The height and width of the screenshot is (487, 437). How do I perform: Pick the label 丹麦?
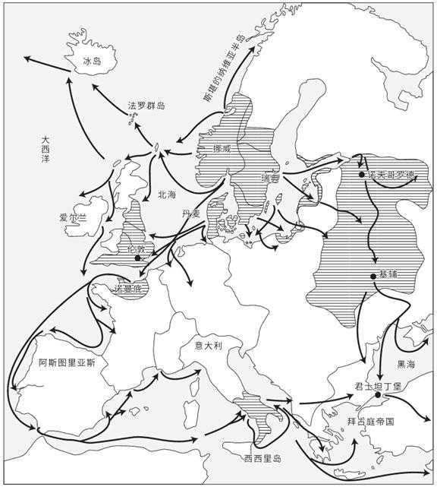click(x=191, y=215)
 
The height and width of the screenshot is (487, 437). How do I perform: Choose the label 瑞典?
click(x=269, y=178)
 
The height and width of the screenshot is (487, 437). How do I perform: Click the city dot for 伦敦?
click(x=137, y=258)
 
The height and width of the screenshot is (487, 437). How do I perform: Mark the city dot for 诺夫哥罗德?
click(x=363, y=175)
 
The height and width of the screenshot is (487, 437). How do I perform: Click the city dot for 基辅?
click(x=374, y=276)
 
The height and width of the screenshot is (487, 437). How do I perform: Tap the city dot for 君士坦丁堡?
click(x=377, y=395)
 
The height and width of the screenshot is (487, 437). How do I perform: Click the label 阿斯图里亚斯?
click(x=68, y=365)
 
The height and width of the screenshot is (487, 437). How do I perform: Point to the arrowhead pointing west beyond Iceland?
click(x=25, y=58)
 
